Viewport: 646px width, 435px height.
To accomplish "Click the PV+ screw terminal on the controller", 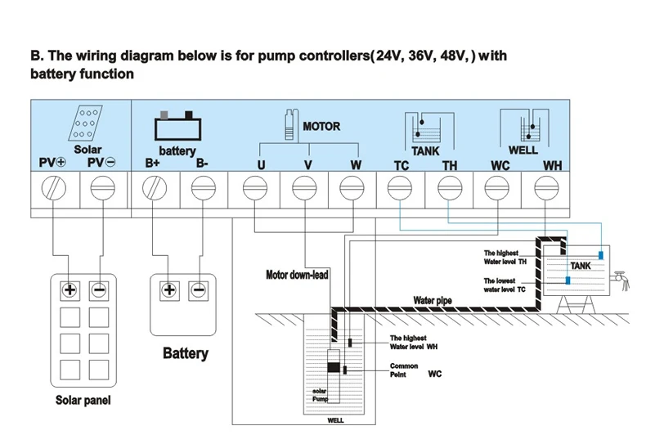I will (x=54, y=190).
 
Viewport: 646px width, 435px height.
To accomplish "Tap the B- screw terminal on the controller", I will (x=201, y=190).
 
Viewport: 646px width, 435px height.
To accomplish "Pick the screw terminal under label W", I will (x=352, y=190).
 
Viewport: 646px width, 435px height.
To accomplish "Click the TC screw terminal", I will (x=400, y=190).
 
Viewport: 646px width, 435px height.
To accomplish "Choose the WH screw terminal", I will (x=545, y=190).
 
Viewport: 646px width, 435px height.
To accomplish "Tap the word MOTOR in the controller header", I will (x=321, y=127).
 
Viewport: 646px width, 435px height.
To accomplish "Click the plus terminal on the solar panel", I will (x=70, y=289).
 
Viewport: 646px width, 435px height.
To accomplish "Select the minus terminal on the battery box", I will (x=198, y=289).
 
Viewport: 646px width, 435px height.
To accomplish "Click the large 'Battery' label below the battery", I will (x=186, y=353).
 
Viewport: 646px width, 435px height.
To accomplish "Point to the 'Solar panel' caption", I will (x=83, y=401).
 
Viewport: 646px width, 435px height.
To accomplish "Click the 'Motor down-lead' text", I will (x=297, y=275).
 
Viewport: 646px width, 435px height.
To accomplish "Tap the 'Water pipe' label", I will (x=433, y=300).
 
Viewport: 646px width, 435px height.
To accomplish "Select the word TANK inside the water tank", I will (x=581, y=266).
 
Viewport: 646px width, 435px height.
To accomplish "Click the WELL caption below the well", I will (x=335, y=422).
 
